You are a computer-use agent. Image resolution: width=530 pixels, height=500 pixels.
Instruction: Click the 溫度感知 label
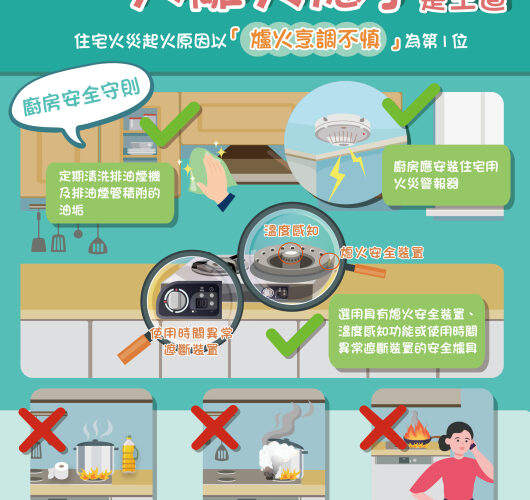coord(291,231)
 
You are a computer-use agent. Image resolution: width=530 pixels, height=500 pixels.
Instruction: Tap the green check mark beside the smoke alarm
coord(413,104)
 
